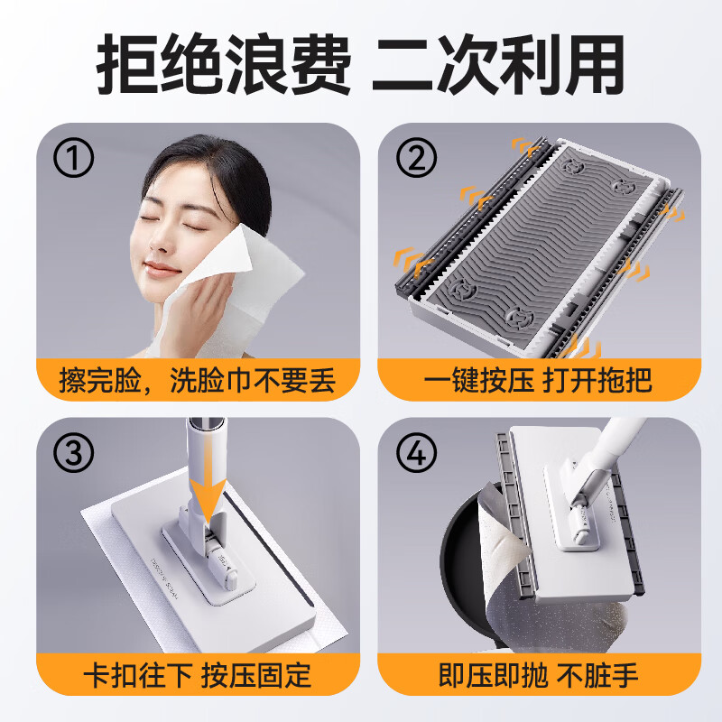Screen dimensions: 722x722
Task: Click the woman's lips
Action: point(164,269)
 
